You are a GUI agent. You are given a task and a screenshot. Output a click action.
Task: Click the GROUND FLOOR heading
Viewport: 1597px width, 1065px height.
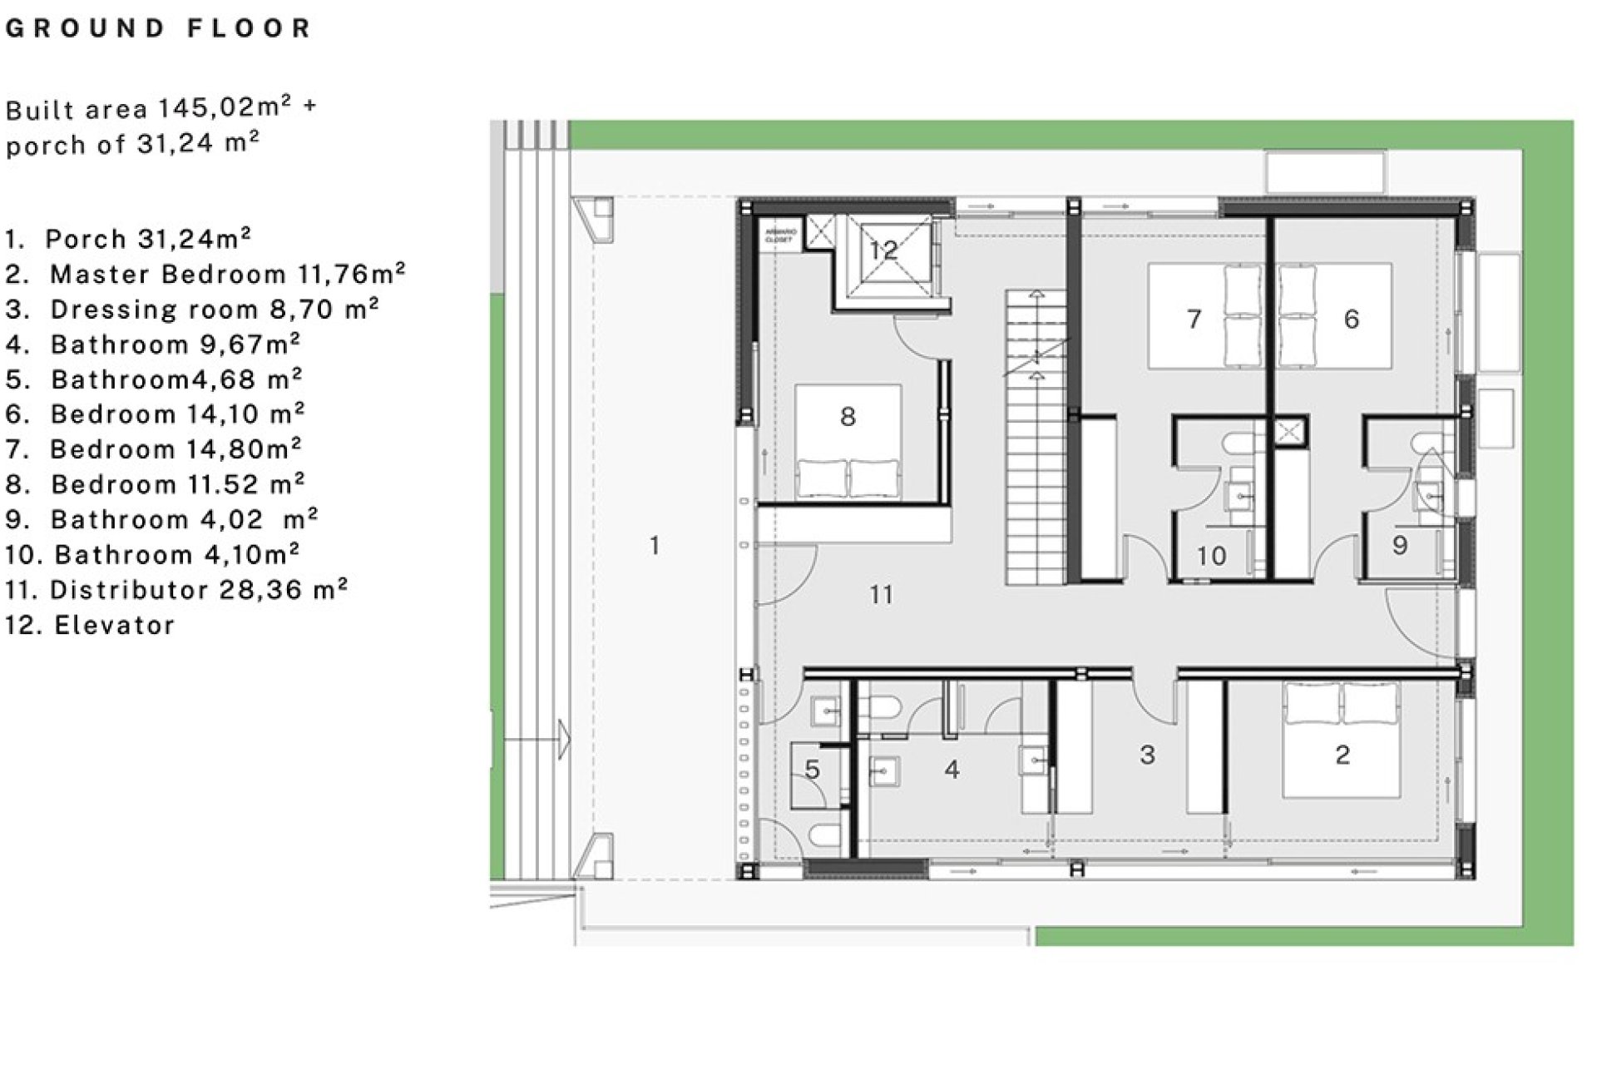pyautogui.click(x=158, y=28)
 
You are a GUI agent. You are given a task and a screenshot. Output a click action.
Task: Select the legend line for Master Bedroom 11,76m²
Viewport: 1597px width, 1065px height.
pyautogui.click(x=205, y=274)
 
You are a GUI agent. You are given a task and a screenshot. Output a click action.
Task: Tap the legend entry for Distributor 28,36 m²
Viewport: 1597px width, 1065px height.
pyautogui.click(x=176, y=590)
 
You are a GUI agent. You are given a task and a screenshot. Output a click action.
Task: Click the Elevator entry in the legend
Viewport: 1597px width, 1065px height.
pyautogui.click(x=90, y=625)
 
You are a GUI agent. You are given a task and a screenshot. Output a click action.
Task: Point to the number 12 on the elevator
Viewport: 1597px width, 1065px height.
pyautogui.click(x=883, y=250)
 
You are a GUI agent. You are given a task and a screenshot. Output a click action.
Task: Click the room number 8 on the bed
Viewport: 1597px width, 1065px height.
pyautogui.click(x=848, y=416)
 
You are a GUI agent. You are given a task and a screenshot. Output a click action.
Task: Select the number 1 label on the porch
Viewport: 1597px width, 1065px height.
pyautogui.click(x=655, y=546)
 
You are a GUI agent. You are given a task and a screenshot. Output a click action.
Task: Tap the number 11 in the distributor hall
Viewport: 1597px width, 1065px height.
pyautogui.click(x=881, y=595)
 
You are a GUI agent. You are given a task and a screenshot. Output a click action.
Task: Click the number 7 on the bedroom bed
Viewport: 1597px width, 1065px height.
pyautogui.click(x=1194, y=319)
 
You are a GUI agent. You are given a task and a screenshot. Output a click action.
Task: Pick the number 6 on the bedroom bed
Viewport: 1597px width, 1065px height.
pyautogui.click(x=1352, y=319)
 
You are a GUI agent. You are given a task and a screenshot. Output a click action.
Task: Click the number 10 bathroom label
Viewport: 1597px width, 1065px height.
pyautogui.click(x=1211, y=556)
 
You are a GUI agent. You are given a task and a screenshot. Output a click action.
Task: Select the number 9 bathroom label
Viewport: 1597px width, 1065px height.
pyautogui.click(x=1400, y=545)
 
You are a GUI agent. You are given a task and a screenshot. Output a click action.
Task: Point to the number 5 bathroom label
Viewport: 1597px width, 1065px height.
pyautogui.click(x=813, y=770)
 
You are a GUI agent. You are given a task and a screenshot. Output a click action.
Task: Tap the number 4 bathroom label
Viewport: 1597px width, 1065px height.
pyautogui.click(x=952, y=770)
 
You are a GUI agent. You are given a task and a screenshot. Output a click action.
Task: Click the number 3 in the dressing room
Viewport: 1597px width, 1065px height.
pyautogui.click(x=1147, y=755)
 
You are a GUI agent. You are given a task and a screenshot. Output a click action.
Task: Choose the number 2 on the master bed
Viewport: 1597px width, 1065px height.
pyautogui.click(x=1342, y=755)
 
